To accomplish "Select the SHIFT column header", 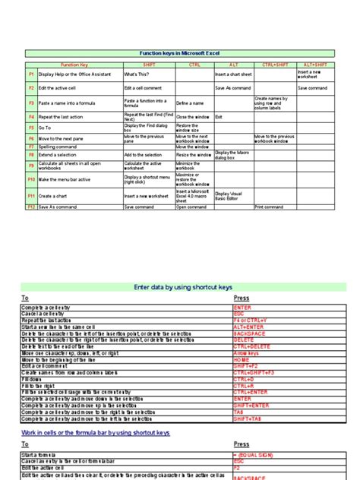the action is (x=149, y=65).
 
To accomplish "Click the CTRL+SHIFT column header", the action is (x=274, y=65).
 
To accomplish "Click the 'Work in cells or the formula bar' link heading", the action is (x=95, y=432).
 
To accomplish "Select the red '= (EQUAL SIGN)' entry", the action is (x=254, y=455).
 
